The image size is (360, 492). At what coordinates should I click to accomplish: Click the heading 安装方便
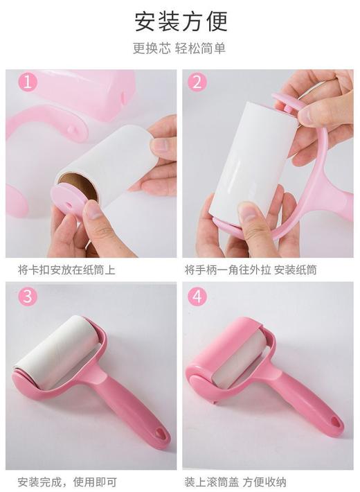click(x=180, y=21)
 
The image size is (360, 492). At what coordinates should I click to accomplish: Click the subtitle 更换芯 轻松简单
click(x=179, y=49)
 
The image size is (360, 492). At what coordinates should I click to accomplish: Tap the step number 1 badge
click(x=27, y=82)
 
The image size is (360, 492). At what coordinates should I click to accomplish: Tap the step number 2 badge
click(x=197, y=82)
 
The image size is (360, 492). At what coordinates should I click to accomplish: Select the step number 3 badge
click(x=27, y=297)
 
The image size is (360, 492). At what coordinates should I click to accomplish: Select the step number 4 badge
click(x=197, y=297)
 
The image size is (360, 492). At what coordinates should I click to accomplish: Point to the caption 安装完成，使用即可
click(x=66, y=481)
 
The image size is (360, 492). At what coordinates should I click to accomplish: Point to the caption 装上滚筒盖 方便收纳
click(x=235, y=481)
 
